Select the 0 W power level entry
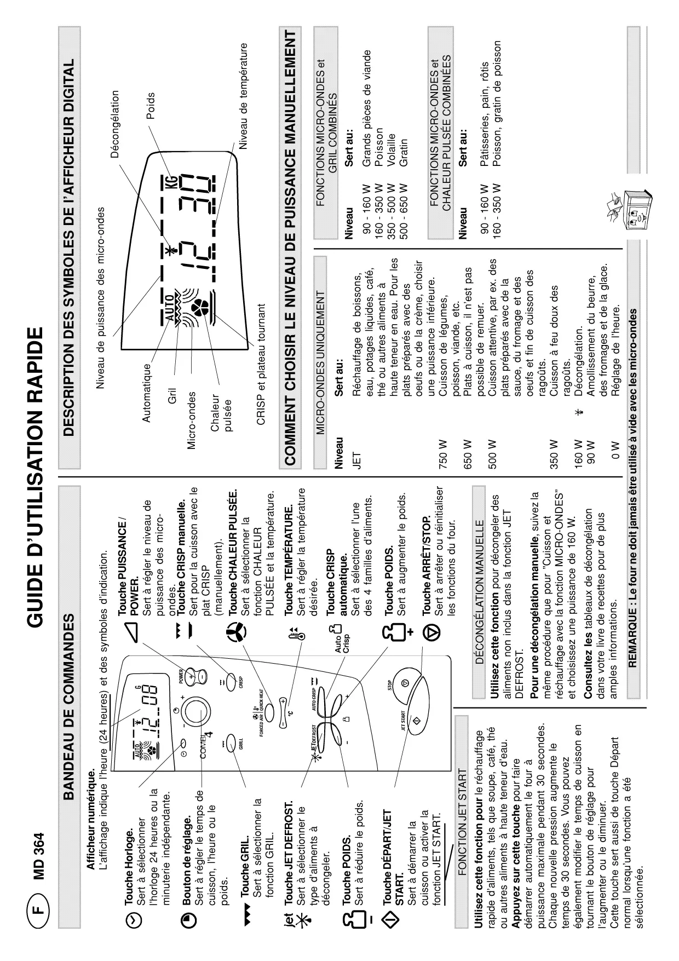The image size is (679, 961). pos(615,452)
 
